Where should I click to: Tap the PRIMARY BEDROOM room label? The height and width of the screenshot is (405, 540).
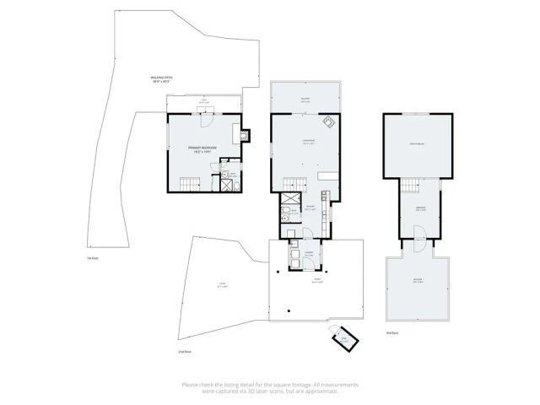(x=202, y=149)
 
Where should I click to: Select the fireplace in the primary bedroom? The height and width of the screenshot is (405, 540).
(x=244, y=133)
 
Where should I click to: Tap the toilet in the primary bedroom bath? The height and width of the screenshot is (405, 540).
(x=237, y=185)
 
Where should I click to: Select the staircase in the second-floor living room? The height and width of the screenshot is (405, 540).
(x=294, y=183)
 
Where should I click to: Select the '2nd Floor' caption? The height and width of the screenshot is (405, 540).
(x=186, y=350)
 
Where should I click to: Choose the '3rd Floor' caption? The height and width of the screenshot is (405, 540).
(x=391, y=333)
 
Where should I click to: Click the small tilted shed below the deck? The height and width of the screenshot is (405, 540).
(x=343, y=339)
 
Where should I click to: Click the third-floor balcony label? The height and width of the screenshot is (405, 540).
(x=418, y=282)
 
